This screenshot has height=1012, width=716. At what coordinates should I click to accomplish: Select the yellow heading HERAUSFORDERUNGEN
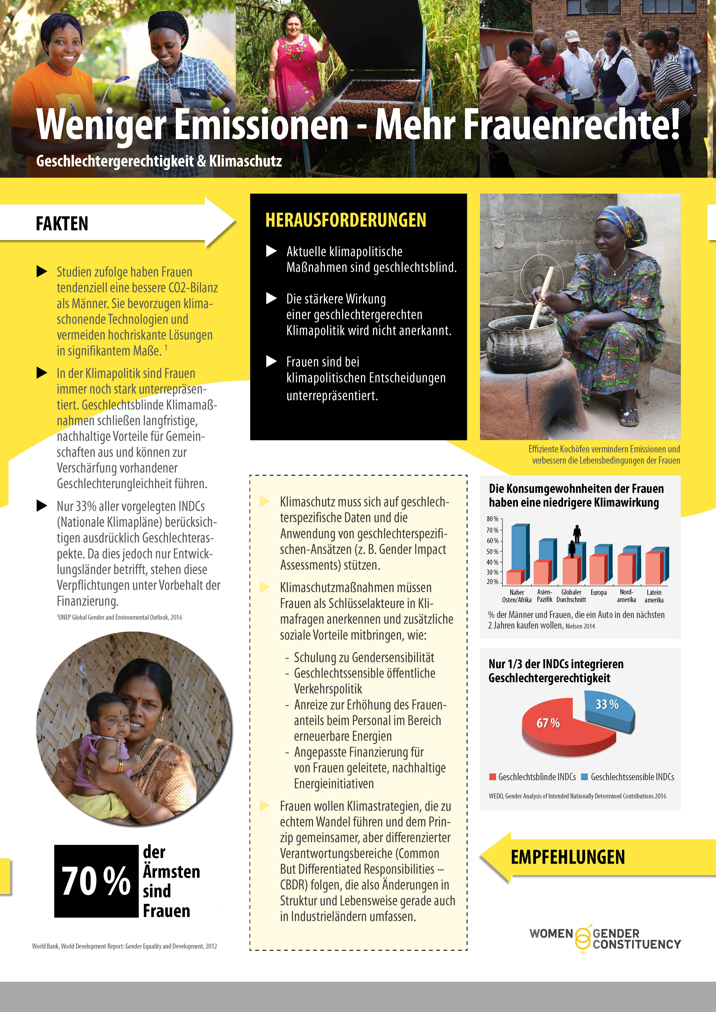[346, 220]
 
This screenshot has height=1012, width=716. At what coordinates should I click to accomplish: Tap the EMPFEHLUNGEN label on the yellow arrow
[568, 857]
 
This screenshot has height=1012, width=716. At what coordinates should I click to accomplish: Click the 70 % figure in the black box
[96, 881]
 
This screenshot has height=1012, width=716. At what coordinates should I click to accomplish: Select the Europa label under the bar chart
[598, 592]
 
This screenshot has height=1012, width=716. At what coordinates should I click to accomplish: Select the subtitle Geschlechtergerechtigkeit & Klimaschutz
[159, 161]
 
